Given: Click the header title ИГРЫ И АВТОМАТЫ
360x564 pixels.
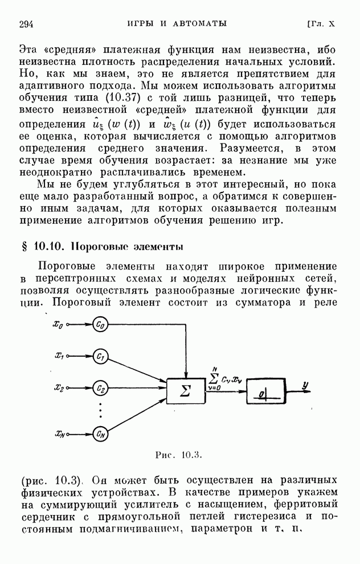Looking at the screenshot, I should tap(177, 23).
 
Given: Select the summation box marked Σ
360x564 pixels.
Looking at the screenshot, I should tap(185, 390).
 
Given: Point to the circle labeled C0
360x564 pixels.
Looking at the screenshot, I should tap(100, 325).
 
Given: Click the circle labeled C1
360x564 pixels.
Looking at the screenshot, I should tap(100, 357).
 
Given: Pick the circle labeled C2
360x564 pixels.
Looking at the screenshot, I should tap(100, 389).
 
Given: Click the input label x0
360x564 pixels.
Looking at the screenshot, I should tap(58, 325).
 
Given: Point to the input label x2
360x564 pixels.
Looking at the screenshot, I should tap(59, 389).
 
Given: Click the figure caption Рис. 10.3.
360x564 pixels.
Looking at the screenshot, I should tap(179, 455).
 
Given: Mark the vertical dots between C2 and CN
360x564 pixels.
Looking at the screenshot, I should tap(100, 411).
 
